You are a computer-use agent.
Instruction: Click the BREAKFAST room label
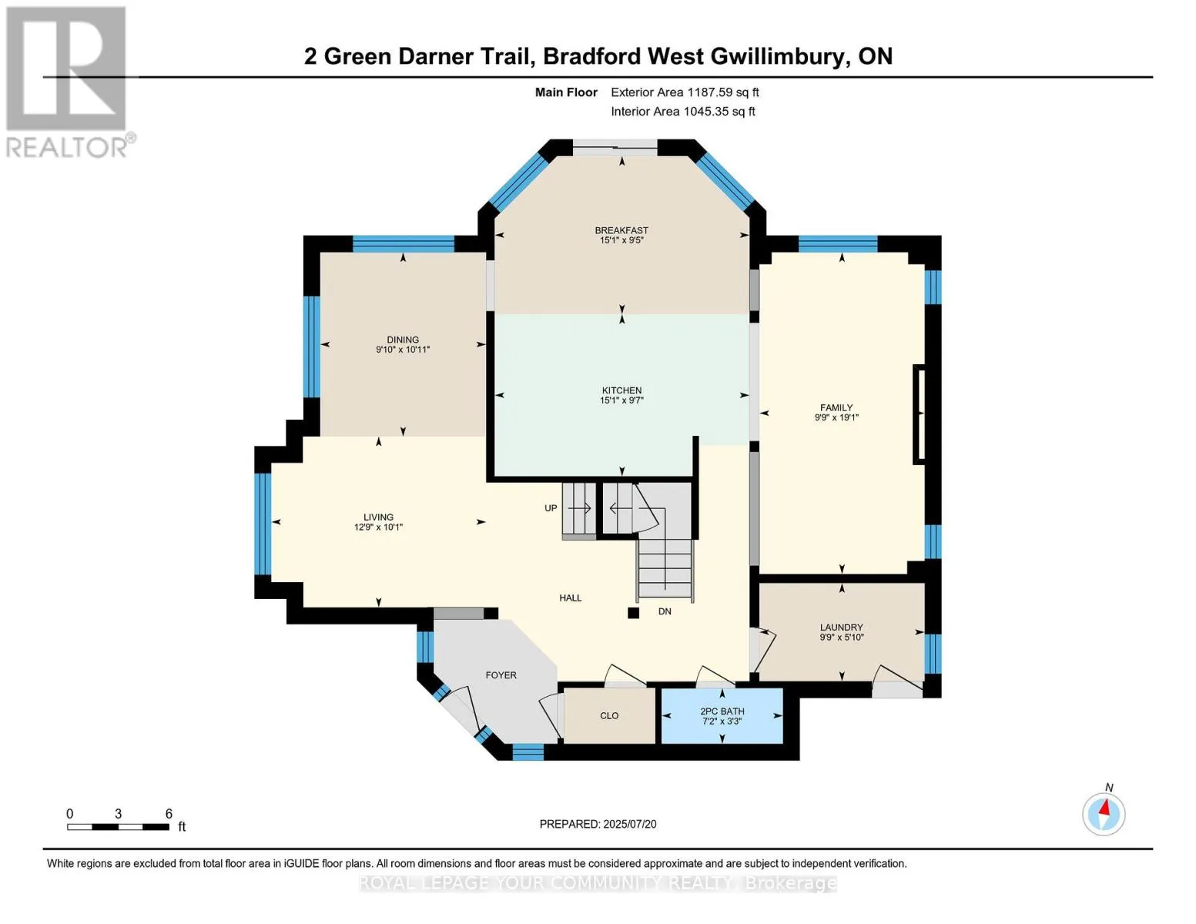point(621,230)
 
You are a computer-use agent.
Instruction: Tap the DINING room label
point(403,340)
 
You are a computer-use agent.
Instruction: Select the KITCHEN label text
point(622,390)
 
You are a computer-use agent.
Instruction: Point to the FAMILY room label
point(836,407)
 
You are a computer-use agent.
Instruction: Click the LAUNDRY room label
point(842,627)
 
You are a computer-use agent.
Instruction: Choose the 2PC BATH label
point(722,711)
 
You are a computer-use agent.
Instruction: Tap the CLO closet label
point(609,715)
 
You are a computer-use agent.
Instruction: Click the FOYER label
point(501,675)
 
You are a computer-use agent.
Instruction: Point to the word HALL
point(571,598)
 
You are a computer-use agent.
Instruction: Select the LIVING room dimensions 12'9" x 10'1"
point(379,527)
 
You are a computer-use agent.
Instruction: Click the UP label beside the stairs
point(551,508)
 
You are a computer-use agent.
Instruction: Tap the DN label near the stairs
point(665,611)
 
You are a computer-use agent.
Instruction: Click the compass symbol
point(1104,814)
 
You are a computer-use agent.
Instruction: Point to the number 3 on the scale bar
point(118,813)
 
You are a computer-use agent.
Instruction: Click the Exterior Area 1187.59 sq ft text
point(685,92)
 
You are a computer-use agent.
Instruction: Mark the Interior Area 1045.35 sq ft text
point(683,112)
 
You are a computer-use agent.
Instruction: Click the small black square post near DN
point(634,612)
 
